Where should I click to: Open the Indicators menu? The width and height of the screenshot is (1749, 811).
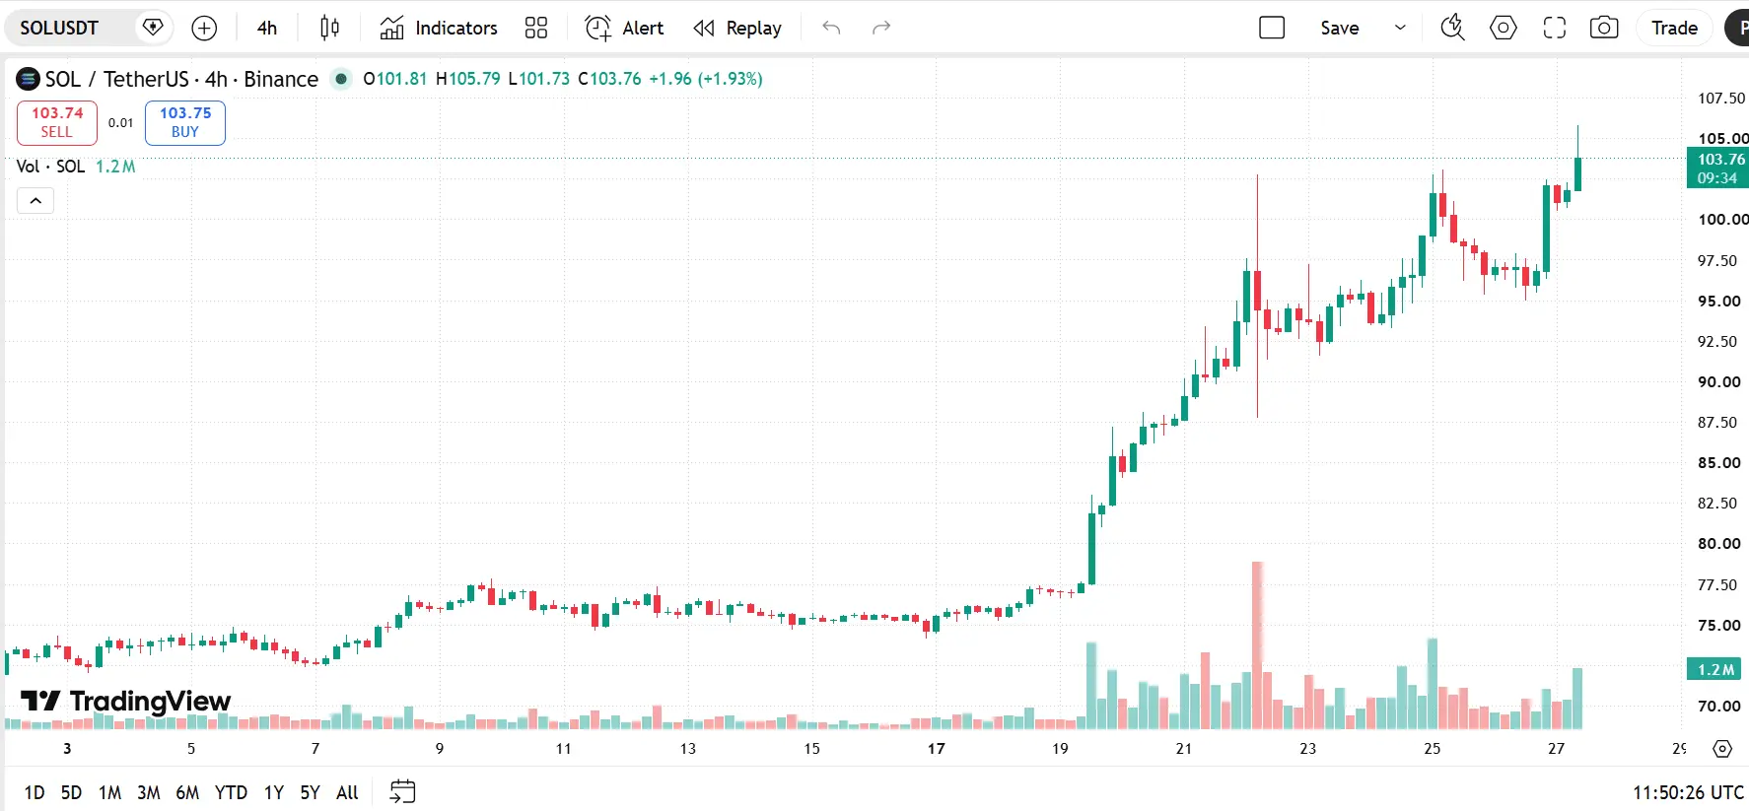click(x=439, y=28)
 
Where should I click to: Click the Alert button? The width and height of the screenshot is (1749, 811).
click(x=624, y=28)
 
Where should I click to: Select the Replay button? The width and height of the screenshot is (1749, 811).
click(x=737, y=28)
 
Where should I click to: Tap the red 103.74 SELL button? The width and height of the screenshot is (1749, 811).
click(x=57, y=122)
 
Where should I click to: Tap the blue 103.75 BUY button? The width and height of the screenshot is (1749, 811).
click(x=185, y=122)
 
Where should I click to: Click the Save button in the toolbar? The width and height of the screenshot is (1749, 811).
click(x=1339, y=28)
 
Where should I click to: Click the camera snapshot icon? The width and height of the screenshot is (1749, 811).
click(x=1604, y=28)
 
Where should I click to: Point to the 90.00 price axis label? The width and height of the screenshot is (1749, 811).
click(x=1718, y=382)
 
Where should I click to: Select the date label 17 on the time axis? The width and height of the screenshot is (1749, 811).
click(x=936, y=749)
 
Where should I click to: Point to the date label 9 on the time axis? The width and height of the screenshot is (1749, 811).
click(x=440, y=749)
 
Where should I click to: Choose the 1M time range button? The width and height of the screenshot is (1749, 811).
click(x=109, y=792)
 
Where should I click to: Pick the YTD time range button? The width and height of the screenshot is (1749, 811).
click(x=231, y=792)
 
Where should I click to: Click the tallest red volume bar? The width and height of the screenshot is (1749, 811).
click(x=1257, y=645)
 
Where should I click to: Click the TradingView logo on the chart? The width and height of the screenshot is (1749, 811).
click(x=125, y=701)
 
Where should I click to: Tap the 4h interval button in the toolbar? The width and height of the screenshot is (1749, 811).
click(x=267, y=28)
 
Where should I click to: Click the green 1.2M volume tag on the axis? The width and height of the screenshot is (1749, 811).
click(x=1714, y=670)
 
